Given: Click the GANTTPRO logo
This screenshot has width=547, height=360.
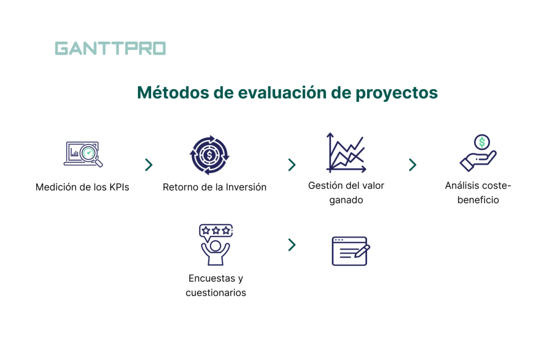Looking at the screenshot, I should [110, 49].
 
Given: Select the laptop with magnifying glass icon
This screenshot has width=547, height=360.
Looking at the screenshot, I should [83, 154].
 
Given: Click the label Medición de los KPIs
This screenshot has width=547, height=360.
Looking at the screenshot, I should [82, 187].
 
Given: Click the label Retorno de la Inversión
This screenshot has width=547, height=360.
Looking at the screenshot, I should [214, 187].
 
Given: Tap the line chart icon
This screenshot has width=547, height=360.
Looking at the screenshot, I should [346, 153].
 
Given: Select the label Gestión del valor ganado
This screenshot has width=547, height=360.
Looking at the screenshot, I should [346, 193].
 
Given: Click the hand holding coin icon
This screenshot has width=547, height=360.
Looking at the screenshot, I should [478, 154].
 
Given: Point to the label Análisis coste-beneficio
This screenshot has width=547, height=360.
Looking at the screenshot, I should [478, 193].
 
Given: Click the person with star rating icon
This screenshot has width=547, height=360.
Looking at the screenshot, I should [215, 245].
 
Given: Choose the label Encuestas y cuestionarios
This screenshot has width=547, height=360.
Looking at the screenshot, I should [216, 285].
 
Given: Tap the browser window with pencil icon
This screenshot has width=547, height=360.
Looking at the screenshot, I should [350, 251].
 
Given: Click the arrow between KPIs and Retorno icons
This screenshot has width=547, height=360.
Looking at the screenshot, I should [149, 165].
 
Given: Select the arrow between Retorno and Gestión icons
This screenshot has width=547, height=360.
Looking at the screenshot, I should [292, 165].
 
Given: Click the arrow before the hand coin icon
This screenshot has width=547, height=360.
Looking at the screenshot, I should [412, 165].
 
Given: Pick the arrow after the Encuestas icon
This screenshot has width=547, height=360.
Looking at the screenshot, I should [292, 245].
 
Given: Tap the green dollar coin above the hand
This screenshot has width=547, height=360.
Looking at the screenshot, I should [482, 142].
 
